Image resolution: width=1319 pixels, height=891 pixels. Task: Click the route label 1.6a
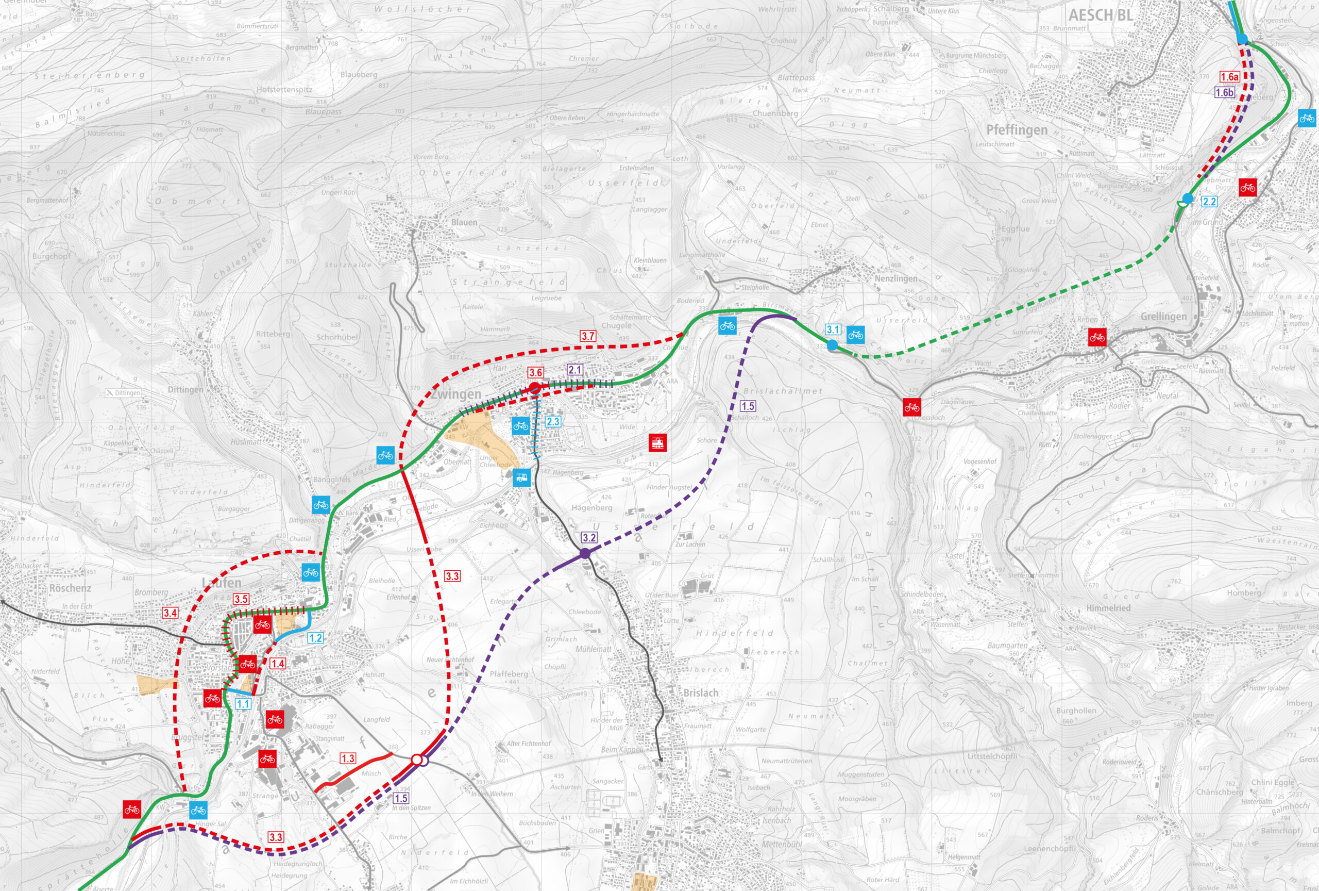(x=1229, y=77)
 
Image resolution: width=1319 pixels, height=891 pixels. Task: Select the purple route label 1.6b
(x=1224, y=93)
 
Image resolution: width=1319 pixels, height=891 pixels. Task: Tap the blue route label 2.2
(x=1209, y=202)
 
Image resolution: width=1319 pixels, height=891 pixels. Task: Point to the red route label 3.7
(x=588, y=336)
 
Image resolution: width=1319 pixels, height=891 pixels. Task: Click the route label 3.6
(x=535, y=372)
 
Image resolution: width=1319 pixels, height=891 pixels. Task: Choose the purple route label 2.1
(x=575, y=370)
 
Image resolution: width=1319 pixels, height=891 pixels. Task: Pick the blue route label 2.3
(x=553, y=421)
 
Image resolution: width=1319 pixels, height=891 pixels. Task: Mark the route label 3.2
(x=589, y=537)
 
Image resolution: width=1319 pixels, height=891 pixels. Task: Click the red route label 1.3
(x=348, y=758)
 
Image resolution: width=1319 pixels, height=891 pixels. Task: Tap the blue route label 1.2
(x=315, y=638)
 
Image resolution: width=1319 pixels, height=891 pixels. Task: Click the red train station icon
(x=657, y=442)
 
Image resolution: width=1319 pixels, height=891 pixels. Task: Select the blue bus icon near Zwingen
(x=521, y=477)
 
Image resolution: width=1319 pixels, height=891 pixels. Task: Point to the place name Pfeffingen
(x=1017, y=130)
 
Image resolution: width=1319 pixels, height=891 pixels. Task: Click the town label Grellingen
(x=1163, y=316)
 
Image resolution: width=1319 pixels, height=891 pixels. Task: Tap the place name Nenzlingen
(x=895, y=278)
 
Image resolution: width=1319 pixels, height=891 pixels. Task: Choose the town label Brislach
(x=700, y=693)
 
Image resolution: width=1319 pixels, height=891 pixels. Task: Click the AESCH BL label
(x=1101, y=15)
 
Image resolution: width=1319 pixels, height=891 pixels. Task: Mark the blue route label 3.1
(x=833, y=329)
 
